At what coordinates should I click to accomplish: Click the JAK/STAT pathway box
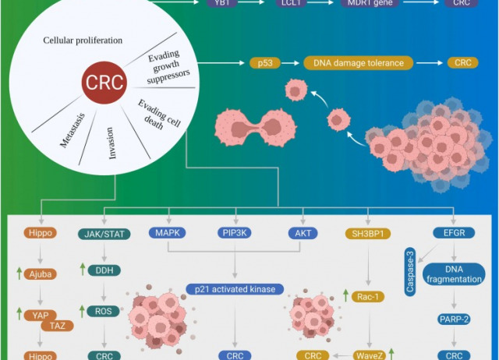(x=104, y=232)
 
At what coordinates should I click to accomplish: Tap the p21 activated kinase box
(x=235, y=288)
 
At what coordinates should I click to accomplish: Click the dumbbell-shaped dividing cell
(x=253, y=124)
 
